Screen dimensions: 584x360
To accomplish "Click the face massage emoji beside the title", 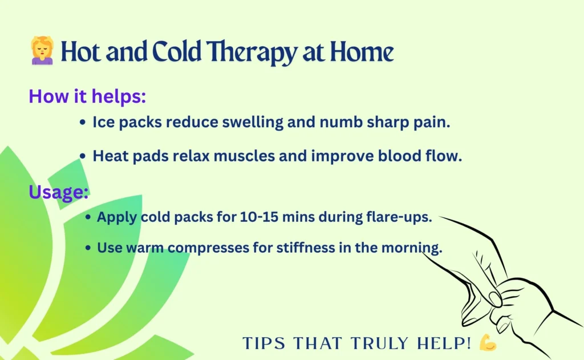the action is tap(42, 50).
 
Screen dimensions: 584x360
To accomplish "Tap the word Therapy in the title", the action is tap(252, 52).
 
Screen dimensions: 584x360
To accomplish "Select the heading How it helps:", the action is tap(87, 96).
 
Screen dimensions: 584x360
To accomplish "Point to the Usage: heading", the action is tap(59, 193).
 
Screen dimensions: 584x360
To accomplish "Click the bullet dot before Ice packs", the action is tap(83, 122).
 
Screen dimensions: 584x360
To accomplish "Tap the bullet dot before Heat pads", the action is tap(83, 156).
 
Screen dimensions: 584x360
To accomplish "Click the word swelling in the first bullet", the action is tap(253, 123).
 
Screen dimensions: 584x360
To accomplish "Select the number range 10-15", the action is tap(259, 217).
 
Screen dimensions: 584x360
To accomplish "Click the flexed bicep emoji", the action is tap(488, 342).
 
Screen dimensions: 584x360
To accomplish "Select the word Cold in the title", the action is tap(177, 51).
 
